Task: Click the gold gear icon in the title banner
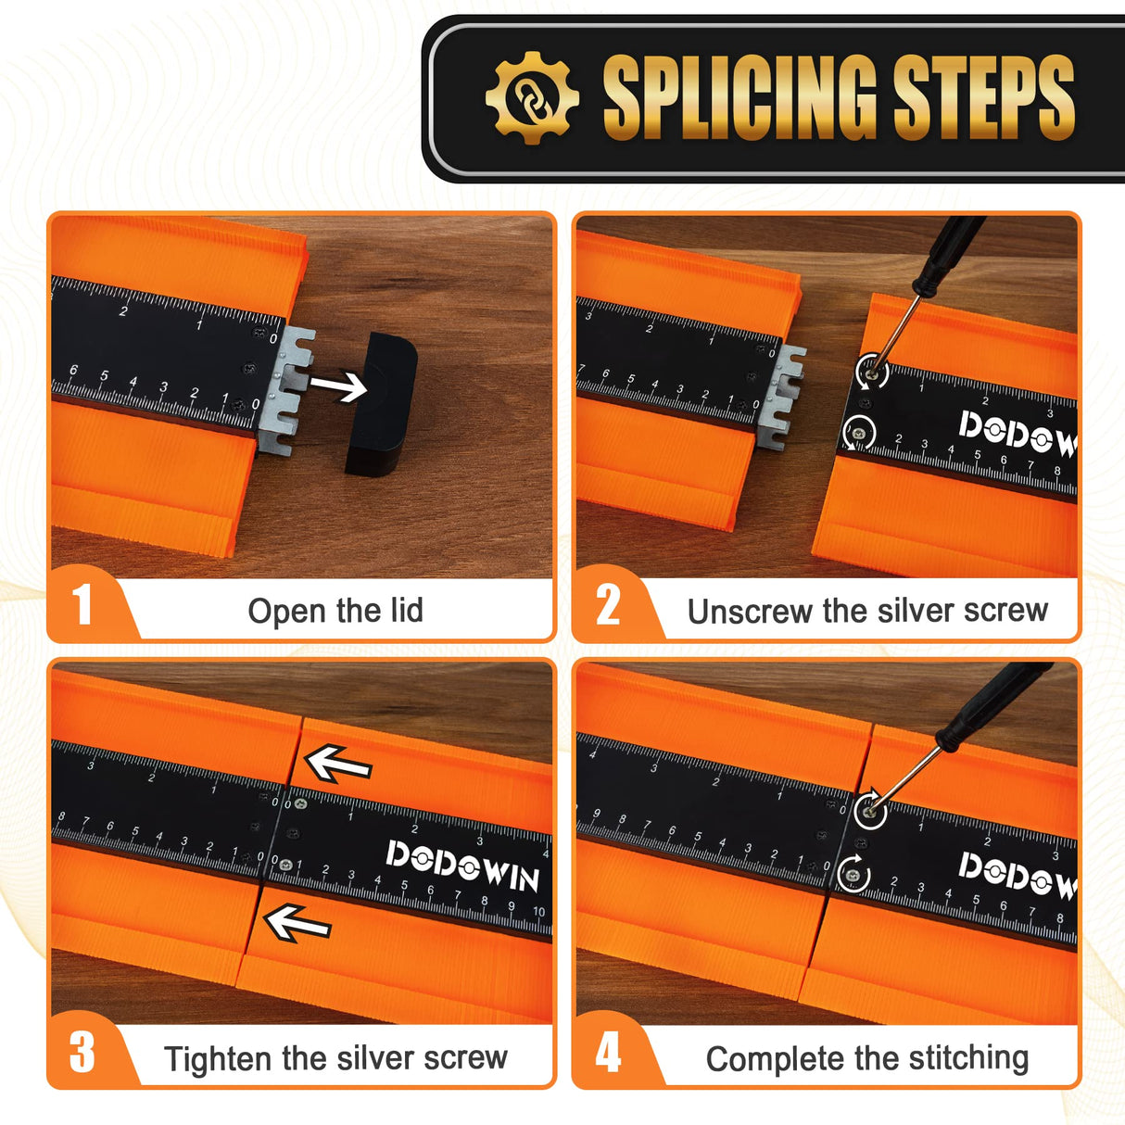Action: [x=532, y=98]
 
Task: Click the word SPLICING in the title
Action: [x=739, y=97]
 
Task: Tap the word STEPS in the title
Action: [x=984, y=97]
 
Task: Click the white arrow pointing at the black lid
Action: [x=338, y=386]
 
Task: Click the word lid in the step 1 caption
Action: [x=400, y=610]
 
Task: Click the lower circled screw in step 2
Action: [x=858, y=433]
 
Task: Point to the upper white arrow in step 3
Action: [x=338, y=764]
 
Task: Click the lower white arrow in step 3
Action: [x=297, y=923]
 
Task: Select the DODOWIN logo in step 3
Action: [x=462, y=866]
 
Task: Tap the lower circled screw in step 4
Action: [x=853, y=875]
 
